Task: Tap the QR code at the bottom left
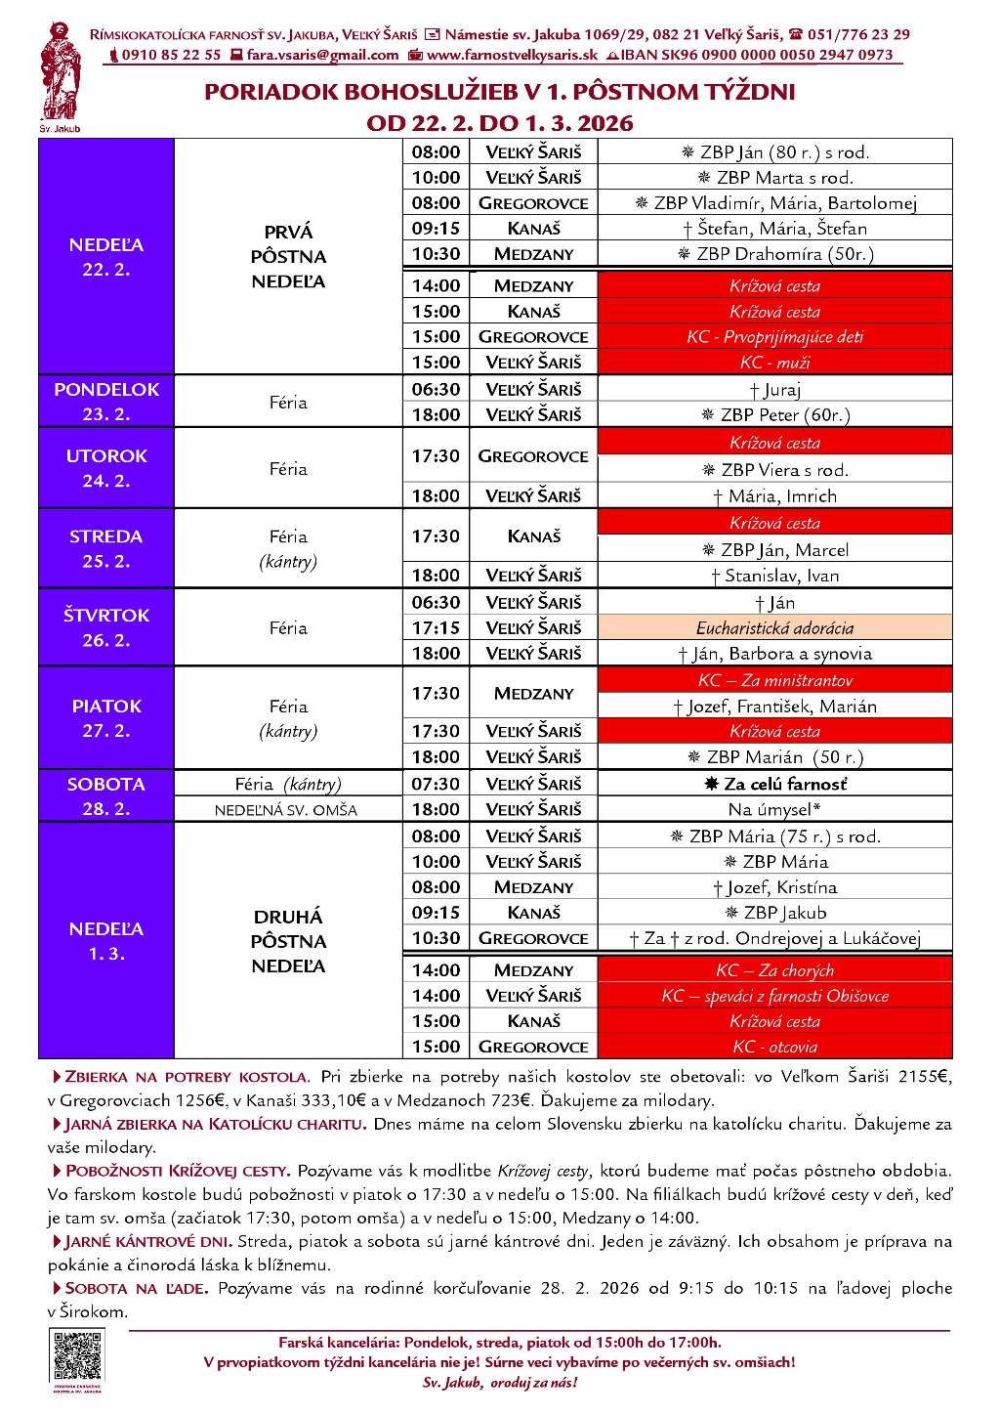click(77, 1356)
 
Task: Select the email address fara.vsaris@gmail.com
click(322, 56)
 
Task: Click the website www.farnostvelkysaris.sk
click(512, 56)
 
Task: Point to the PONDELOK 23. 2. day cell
click(106, 401)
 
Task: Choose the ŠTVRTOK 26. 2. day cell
click(106, 627)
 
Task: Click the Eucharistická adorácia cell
click(774, 628)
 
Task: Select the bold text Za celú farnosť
click(775, 784)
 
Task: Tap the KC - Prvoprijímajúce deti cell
click(774, 337)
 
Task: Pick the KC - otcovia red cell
click(774, 1047)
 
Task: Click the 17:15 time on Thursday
click(436, 628)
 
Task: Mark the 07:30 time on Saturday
click(436, 784)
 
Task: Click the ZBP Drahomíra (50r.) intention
click(775, 254)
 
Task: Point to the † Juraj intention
click(775, 390)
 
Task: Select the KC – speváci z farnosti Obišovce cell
click(774, 996)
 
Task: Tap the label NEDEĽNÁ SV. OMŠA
click(287, 810)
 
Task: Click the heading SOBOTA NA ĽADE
click(136, 1289)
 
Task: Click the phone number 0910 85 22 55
click(171, 56)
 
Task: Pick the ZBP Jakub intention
click(775, 913)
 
